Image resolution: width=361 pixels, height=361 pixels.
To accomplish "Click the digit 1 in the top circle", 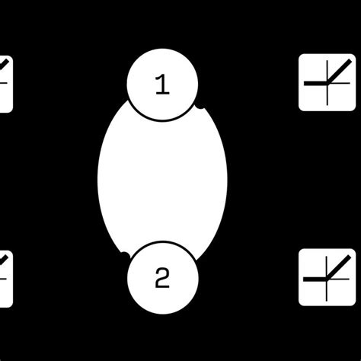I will [162, 85].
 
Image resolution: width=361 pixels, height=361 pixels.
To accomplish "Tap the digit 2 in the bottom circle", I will [162, 279].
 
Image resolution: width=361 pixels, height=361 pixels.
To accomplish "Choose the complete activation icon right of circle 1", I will [327, 82].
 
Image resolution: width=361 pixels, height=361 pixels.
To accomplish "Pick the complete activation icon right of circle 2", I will [327, 277].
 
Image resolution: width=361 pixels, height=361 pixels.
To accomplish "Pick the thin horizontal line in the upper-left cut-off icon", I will [5, 82].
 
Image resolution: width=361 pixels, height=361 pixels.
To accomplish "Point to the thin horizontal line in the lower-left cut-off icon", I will [5, 277].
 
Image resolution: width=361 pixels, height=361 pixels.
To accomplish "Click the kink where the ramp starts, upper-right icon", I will [327, 81].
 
